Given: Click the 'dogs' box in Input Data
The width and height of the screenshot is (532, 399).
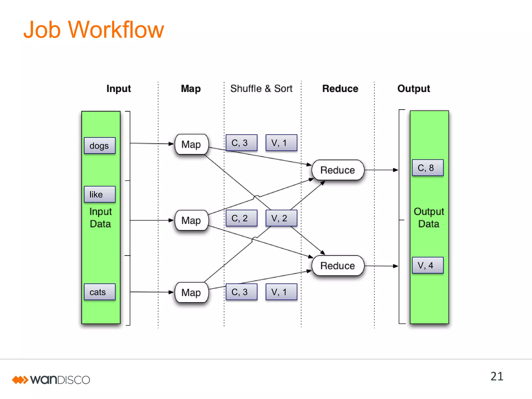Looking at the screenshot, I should [99, 146].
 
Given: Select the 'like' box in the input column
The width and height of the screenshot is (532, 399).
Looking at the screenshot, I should [99, 194].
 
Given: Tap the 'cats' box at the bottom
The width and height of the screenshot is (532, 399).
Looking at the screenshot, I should [99, 292].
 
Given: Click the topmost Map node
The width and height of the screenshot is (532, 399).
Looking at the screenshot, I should [191, 144].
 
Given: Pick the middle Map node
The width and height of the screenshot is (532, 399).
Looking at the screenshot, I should [191, 221].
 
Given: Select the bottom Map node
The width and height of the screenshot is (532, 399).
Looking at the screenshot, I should [191, 292].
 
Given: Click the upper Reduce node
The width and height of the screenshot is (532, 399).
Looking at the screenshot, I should [338, 170].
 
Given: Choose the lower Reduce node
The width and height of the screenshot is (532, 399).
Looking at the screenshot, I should [338, 266].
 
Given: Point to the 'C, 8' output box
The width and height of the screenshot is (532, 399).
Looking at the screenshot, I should [428, 168].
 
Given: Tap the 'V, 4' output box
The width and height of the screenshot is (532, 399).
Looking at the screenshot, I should [428, 265].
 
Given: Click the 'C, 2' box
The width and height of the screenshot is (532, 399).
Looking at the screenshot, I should [241, 218].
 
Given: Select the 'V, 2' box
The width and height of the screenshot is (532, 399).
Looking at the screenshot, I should [281, 218].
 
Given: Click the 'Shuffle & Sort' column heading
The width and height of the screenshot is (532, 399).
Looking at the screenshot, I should [261, 89].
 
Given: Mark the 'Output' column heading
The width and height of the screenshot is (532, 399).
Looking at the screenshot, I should [414, 89].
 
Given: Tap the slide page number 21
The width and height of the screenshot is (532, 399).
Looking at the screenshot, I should [497, 376].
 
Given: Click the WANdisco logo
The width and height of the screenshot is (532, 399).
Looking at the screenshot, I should [51, 380].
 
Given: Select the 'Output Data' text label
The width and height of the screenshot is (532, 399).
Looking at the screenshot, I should [429, 218].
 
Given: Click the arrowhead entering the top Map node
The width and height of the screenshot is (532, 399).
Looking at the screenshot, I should [171, 144].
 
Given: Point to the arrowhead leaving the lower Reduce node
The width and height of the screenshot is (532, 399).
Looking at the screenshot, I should [395, 266].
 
